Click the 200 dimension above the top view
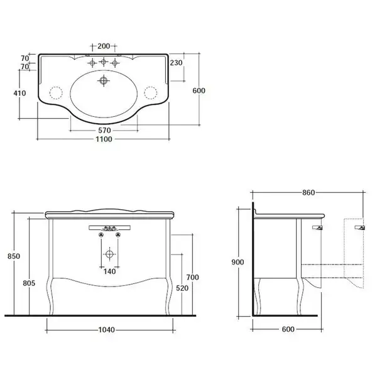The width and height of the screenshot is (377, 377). (x=104, y=46)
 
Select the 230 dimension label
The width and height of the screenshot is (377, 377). (x=176, y=63)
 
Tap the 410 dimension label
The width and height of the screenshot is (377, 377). (x=19, y=93)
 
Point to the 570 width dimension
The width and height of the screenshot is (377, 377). (x=104, y=130)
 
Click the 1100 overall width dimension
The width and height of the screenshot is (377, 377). (x=104, y=139)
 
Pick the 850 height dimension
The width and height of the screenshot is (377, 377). (x=14, y=256)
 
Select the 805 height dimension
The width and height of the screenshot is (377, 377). (x=29, y=283)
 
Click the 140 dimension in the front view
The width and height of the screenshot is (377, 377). (x=109, y=271)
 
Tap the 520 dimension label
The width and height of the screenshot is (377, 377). (x=182, y=288)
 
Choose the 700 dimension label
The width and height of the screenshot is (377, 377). (x=193, y=277)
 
